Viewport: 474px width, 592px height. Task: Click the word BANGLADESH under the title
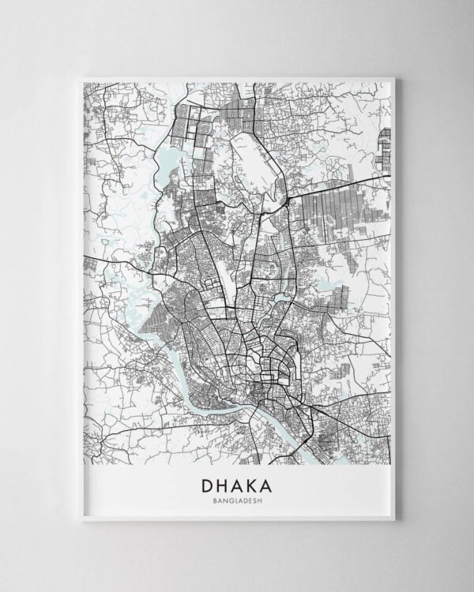[x=237, y=500]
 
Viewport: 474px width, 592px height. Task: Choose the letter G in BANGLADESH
[x=229, y=500]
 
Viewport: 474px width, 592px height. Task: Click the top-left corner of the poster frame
[x=82, y=77]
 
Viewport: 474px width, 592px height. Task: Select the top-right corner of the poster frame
[x=393, y=77]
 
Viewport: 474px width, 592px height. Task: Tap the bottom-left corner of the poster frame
[x=82, y=519]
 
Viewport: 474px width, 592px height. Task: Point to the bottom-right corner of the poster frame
[x=393, y=519]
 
